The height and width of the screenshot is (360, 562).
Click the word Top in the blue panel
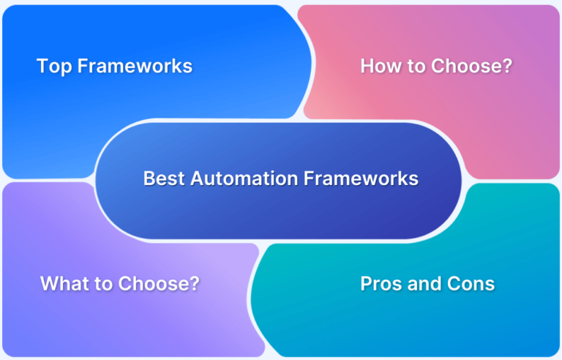54,67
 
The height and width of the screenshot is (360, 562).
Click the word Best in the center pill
161,179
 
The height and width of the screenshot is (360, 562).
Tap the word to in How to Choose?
415,67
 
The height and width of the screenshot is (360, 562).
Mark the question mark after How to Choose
507,67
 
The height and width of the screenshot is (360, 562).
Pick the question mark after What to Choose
194,284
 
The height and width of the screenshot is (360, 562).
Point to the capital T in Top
42,67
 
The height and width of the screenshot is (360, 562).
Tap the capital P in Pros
366,284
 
